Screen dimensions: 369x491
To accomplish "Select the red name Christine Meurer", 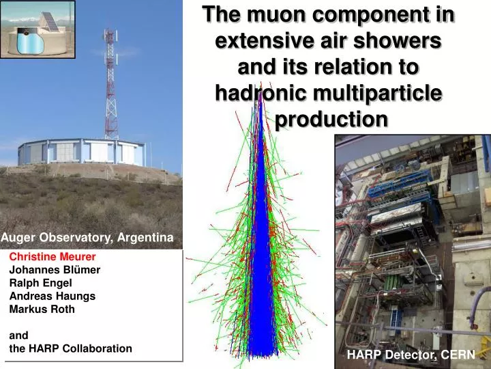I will pyautogui.click(x=53, y=257).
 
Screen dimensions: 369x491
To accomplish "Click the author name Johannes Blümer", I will pyautogui.click(x=55, y=270).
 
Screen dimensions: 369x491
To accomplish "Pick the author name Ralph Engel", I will pyautogui.click(x=40, y=283).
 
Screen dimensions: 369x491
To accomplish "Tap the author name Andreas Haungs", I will pyautogui.click(x=53, y=296).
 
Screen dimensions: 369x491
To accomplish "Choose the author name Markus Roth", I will pyautogui.click(x=42, y=309).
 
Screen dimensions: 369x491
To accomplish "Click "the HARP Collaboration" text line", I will pyautogui.click(x=70, y=348).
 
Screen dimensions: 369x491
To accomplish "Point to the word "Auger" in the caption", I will pyautogui.click(x=16, y=237).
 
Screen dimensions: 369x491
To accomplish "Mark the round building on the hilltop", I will pyautogui.click(x=80, y=152).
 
